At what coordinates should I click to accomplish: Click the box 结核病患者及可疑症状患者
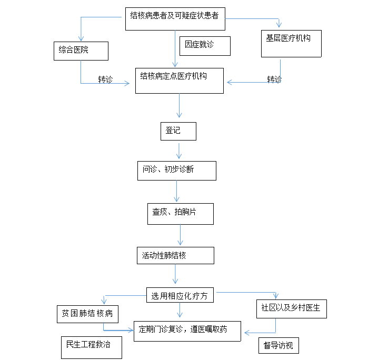(x=175, y=19)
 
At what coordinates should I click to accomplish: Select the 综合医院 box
(x=81, y=51)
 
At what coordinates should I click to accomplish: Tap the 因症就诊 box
(x=205, y=46)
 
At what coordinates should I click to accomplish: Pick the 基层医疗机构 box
(x=291, y=44)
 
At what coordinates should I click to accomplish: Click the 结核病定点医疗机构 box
(x=180, y=81)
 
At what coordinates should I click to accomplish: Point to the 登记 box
(x=178, y=132)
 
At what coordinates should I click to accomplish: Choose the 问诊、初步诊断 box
(x=177, y=171)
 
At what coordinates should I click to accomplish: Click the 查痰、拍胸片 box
(x=181, y=214)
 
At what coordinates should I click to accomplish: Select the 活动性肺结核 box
(x=175, y=256)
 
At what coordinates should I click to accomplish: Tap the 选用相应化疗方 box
(x=180, y=295)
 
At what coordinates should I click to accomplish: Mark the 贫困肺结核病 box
(x=87, y=314)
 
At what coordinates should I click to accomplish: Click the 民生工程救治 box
(x=92, y=347)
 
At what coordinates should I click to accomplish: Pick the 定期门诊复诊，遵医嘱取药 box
(x=187, y=331)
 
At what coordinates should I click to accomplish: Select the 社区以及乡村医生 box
(x=292, y=309)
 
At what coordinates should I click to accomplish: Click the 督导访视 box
(x=278, y=346)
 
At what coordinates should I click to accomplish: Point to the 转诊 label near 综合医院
(x=105, y=79)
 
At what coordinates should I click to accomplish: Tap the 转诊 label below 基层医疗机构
(x=274, y=79)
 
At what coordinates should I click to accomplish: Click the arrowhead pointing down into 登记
(x=179, y=115)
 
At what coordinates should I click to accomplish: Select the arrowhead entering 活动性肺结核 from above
(x=181, y=243)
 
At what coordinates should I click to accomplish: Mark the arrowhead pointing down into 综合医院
(x=81, y=38)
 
